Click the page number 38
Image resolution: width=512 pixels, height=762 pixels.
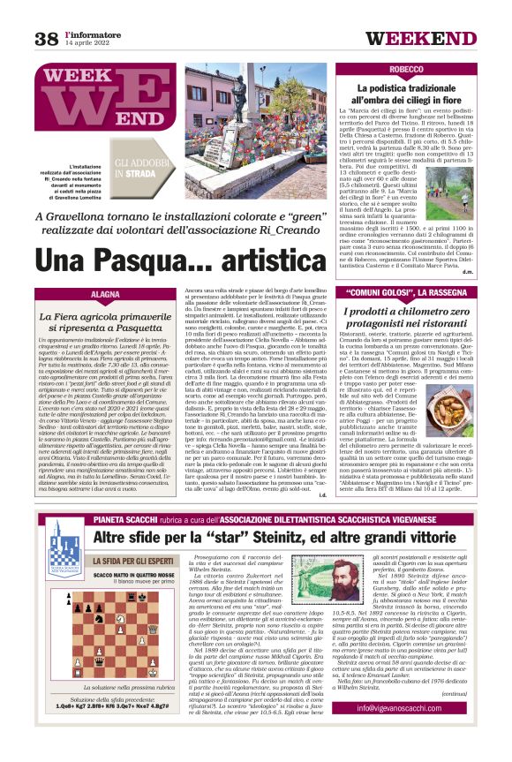click(46, 38)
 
